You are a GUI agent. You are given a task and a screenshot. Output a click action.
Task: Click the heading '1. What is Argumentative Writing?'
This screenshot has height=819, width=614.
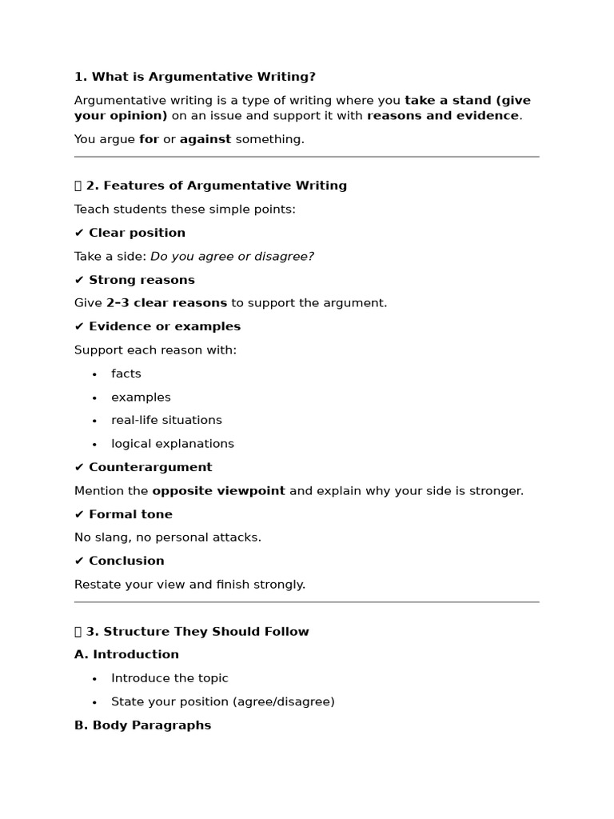click(194, 77)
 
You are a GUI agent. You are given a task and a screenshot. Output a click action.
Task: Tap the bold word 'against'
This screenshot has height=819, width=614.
click(205, 139)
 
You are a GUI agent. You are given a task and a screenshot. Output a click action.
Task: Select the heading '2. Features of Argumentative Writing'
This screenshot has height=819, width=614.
click(216, 186)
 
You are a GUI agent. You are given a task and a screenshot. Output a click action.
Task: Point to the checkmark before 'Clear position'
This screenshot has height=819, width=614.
click(79, 233)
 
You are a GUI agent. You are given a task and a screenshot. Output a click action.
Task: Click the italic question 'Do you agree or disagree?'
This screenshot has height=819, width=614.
click(232, 257)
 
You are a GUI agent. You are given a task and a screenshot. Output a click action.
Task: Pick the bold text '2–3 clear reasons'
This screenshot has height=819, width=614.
click(166, 303)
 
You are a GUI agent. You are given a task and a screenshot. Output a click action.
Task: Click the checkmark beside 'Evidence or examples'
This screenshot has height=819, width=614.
click(79, 326)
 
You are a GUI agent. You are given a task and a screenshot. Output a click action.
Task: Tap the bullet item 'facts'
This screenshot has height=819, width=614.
click(126, 374)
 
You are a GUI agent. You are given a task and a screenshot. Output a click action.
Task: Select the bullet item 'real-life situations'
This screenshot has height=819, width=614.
click(166, 420)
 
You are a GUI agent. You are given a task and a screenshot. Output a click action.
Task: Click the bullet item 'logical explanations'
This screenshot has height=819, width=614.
click(173, 444)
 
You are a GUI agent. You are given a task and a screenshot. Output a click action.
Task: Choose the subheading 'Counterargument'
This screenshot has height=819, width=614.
click(150, 467)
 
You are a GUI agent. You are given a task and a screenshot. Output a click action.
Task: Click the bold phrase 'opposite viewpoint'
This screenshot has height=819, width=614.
click(218, 491)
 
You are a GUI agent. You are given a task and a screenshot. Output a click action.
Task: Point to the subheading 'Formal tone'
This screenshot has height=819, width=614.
click(130, 514)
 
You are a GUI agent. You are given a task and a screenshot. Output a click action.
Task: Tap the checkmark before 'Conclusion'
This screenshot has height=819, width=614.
click(79, 561)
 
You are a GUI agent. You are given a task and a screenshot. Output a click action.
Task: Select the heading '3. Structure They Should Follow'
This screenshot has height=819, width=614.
click(197, 632)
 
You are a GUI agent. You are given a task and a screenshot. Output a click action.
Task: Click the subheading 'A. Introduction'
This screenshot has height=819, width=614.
click(126, 654)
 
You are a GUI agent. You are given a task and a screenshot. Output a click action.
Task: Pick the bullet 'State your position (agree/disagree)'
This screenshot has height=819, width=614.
click(222, 701)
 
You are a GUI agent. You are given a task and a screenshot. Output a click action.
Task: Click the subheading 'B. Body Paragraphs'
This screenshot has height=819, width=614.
click(142, 725)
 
